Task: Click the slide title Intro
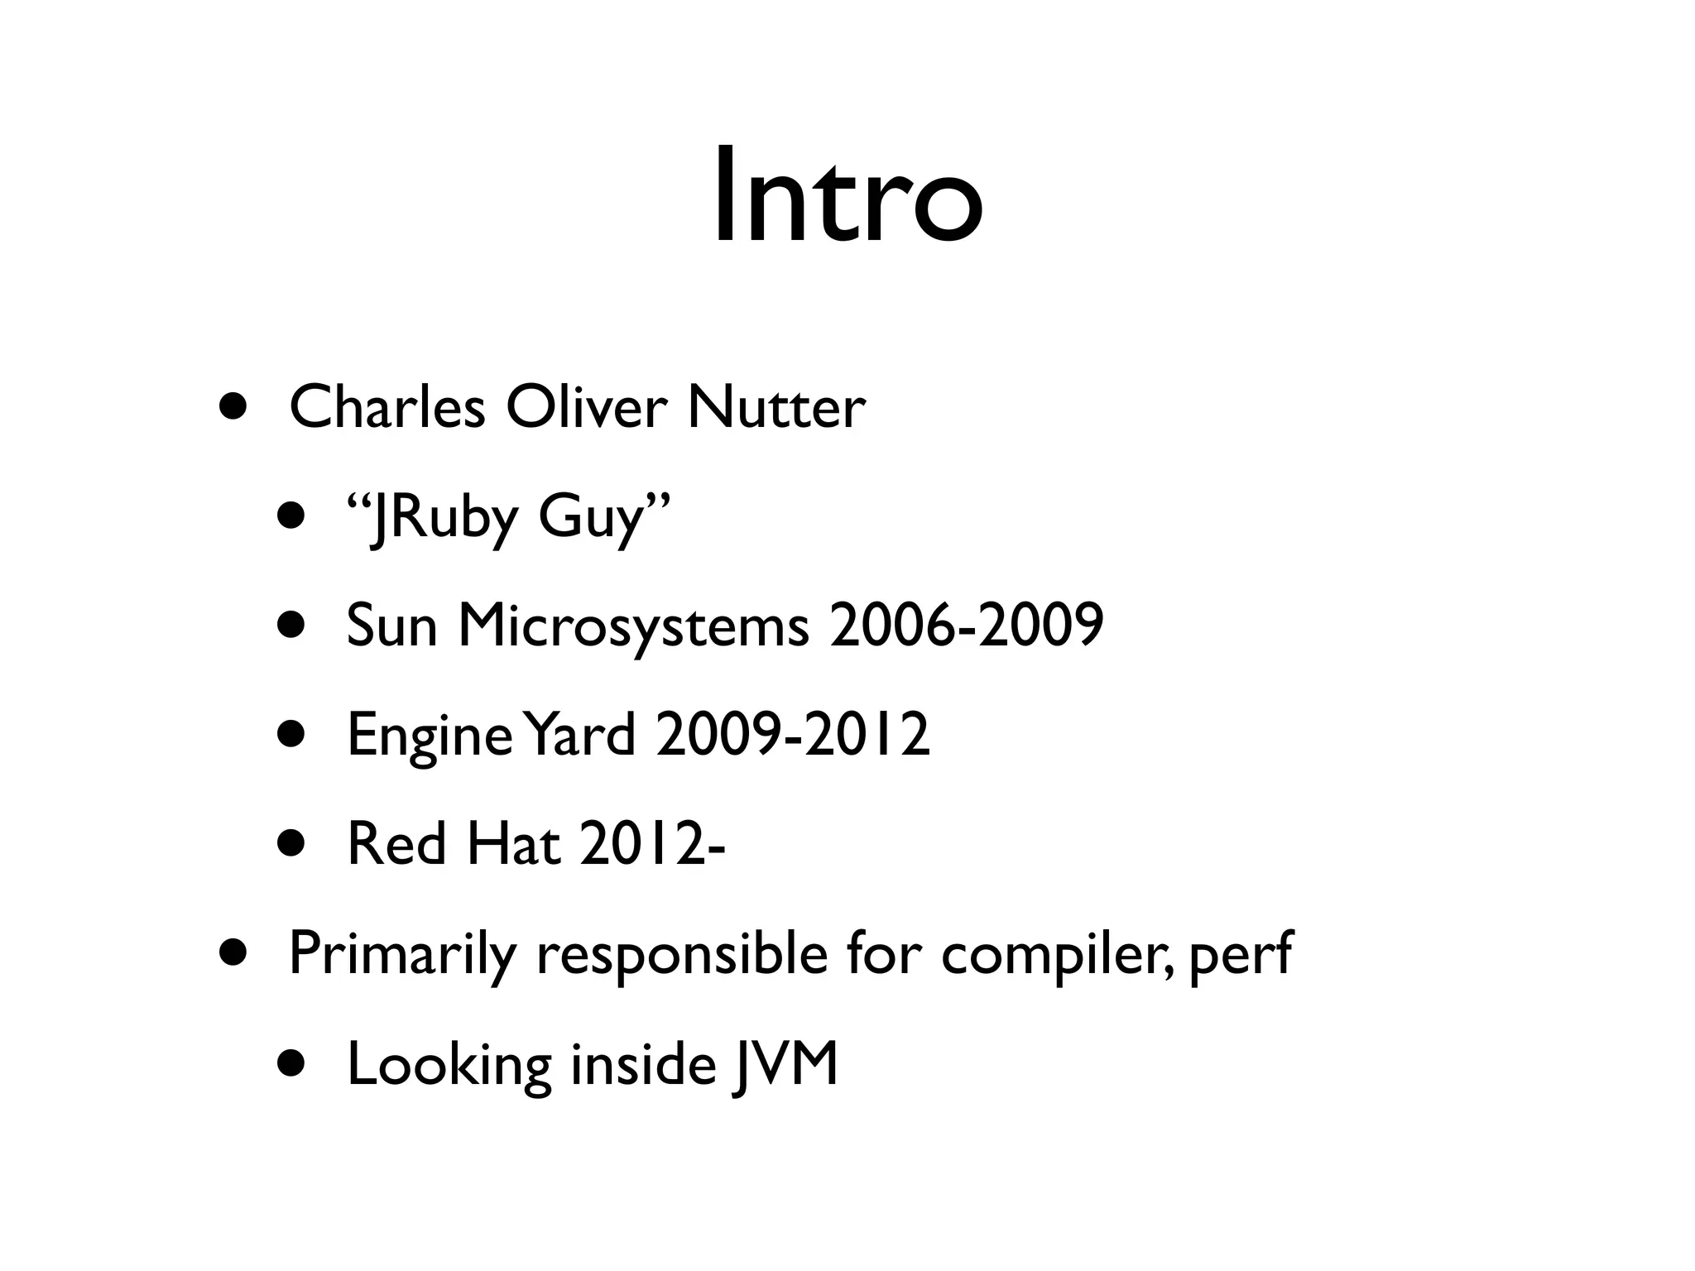point(847,197)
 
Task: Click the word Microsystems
point(633,626)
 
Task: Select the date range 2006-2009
point(966,626)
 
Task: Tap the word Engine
point(430,736)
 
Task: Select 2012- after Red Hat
point(651,844)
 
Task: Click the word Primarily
point(401,955)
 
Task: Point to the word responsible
point(681,955)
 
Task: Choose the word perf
point(1240,955)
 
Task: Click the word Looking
point(449,1065)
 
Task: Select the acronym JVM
point(785,1065)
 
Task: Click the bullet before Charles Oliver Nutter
point(233,407)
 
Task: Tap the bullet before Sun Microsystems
point(291,626)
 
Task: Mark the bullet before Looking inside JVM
point(291,1065)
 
